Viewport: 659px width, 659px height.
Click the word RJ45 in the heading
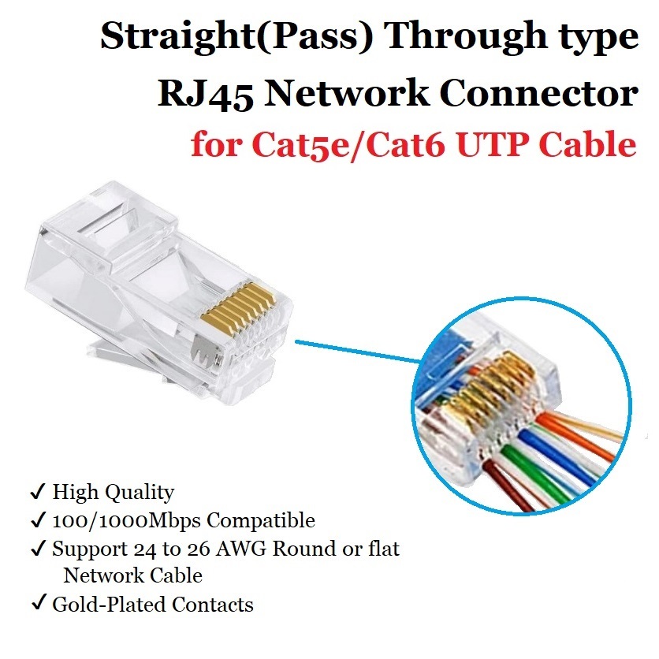(x=206, y=95)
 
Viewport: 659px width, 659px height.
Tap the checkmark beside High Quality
(x=37, y=493)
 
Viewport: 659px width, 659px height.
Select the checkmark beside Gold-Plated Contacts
(x=37, y=605)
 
